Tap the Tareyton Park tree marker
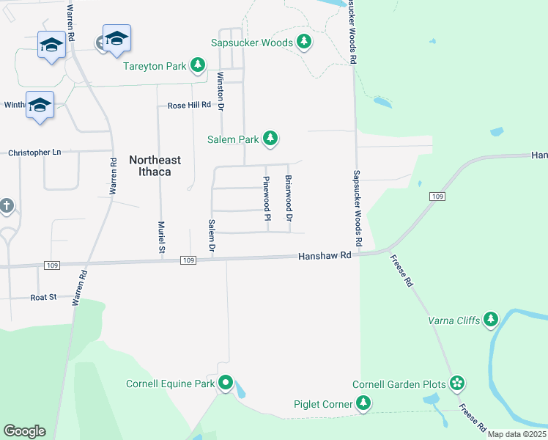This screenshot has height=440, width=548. pos(197,66)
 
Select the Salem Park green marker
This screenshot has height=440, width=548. pos(271,138)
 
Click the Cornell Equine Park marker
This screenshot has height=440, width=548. pos(226,383)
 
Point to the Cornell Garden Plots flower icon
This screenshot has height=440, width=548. pos(458,384)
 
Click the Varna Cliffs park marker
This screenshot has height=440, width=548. pos(490,319)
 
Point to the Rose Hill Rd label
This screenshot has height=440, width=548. pos(189,106)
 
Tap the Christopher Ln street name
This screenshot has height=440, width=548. pos(34,153)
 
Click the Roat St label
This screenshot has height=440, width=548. pos(43,297)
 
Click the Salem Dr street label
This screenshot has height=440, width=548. pos(211,236)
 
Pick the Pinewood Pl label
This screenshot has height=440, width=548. pos(267,199)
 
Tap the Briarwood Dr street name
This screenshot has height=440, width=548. pos(289,199)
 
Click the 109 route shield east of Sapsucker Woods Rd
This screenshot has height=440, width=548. pos(437,197)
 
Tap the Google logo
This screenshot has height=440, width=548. pos(24,431)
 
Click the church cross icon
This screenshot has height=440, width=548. pos(7,206)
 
